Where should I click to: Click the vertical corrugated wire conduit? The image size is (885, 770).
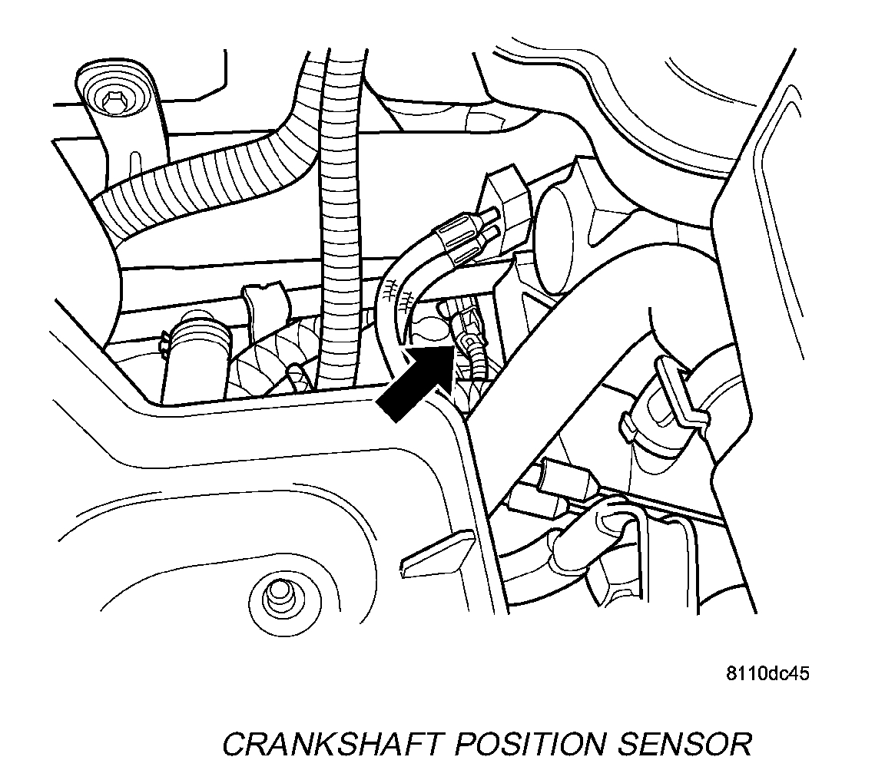[x=339, y=230]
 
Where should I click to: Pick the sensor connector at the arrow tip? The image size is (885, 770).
[x=466, y=330]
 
